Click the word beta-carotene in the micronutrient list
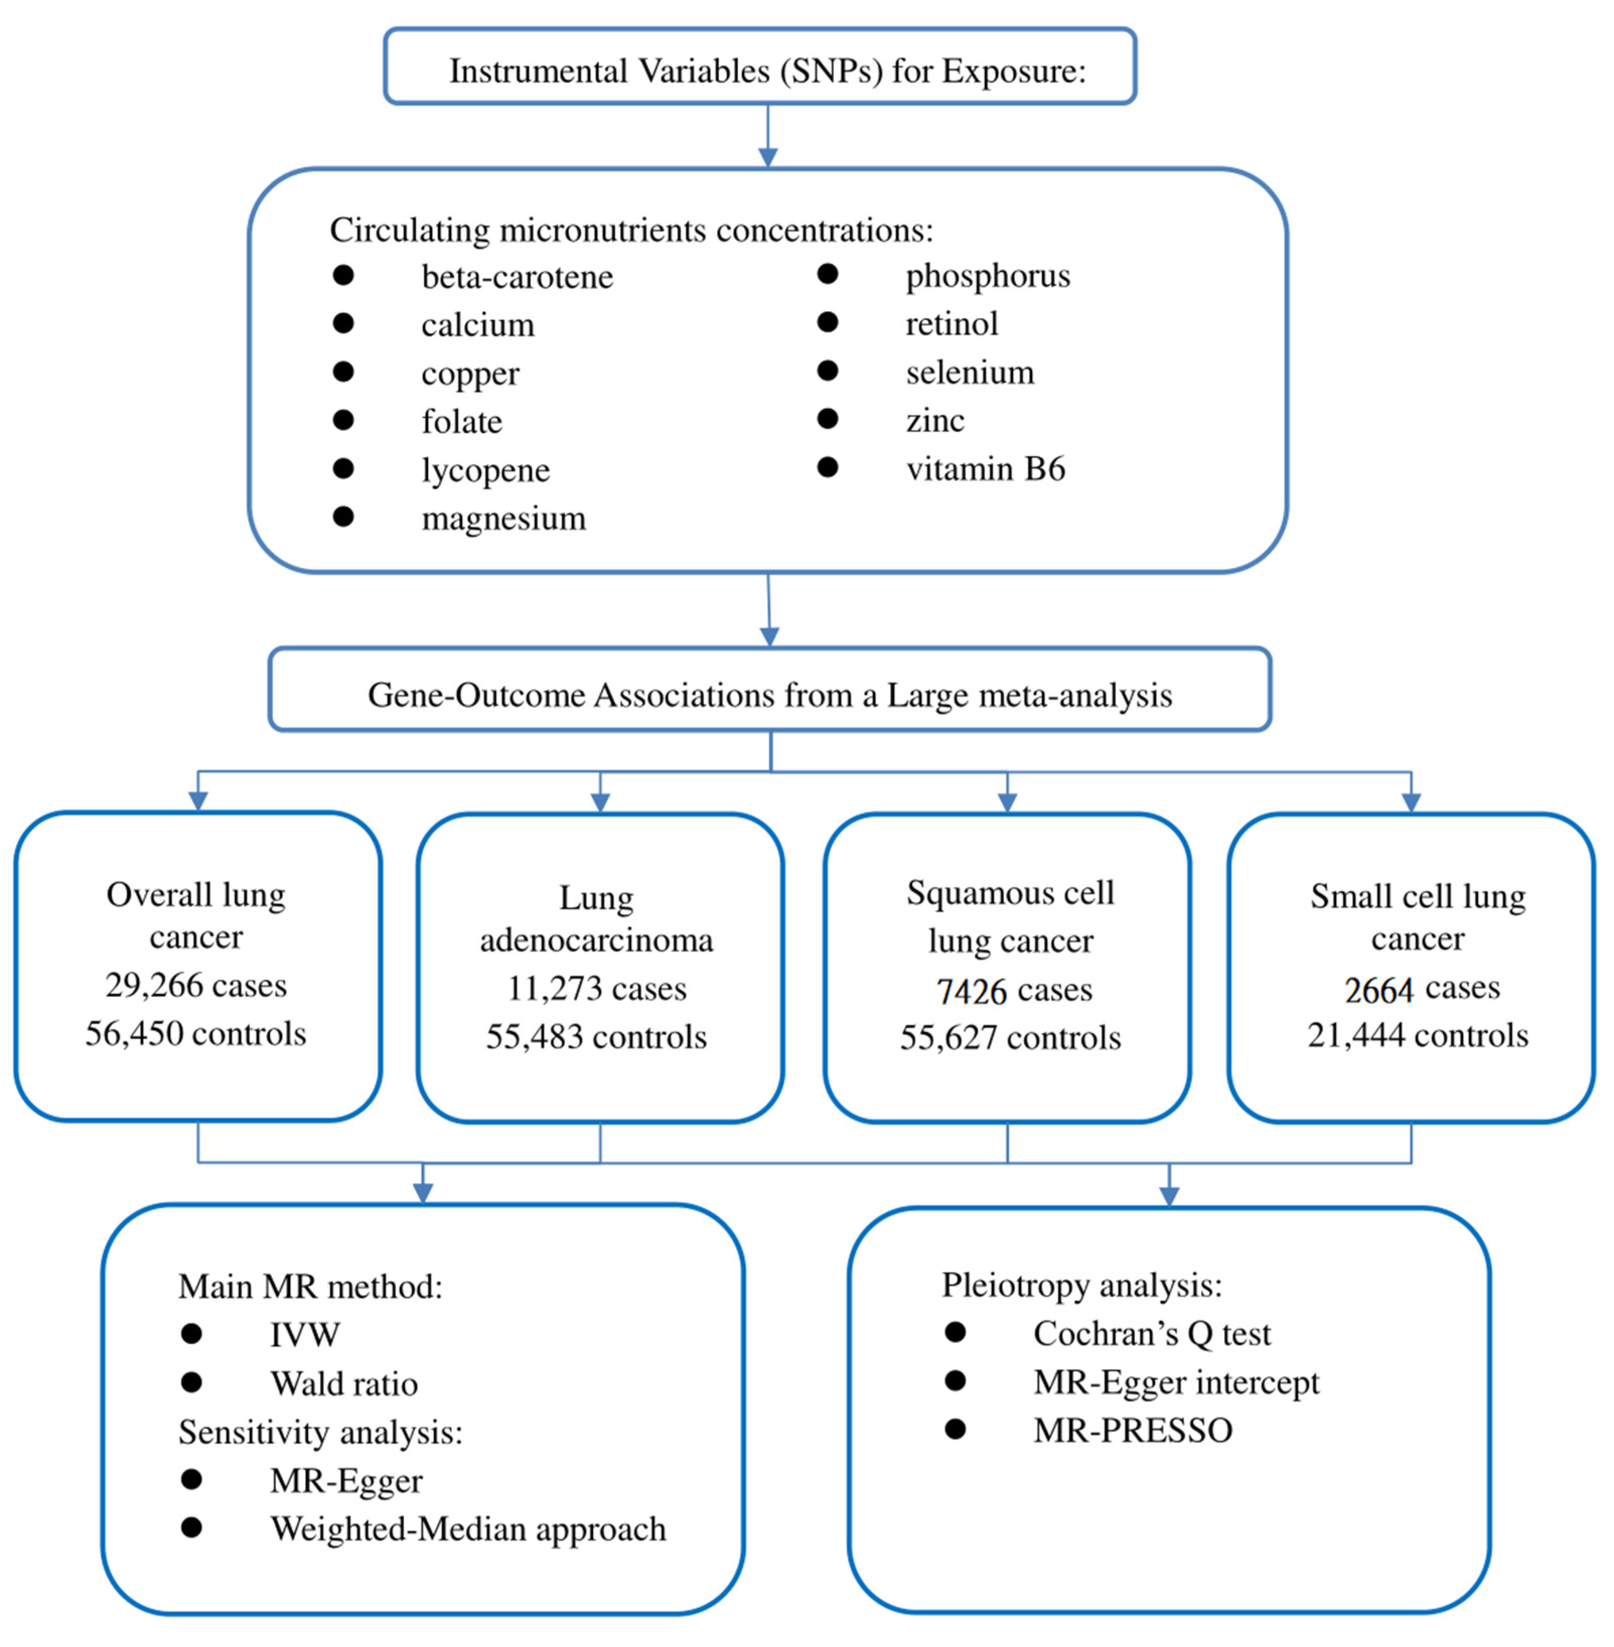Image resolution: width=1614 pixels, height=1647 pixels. click(x=517, y=277)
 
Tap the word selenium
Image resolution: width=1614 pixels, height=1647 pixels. click(x=970, y=373)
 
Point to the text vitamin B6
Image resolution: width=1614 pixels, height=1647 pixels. click(x=985, y=469)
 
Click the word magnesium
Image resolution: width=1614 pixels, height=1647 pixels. click(x=503, y=518)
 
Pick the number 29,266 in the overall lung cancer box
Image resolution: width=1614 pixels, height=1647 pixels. click(x=154, y=985)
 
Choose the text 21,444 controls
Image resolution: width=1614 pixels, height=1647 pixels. click(x=1417, y=1035)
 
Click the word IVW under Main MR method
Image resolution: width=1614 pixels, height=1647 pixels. click(x=305, y=1335)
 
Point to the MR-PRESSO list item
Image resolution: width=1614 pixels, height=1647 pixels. click(x=1133, y=1431)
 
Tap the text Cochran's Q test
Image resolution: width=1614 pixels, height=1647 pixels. click(x=1152, y=1334)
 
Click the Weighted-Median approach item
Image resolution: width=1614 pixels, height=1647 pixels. click(x=468, y=1529)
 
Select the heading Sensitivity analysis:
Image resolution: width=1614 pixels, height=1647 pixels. click(x=320, y=1433)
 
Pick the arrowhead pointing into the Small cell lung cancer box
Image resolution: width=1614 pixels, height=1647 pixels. click(x=1412, y=802)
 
